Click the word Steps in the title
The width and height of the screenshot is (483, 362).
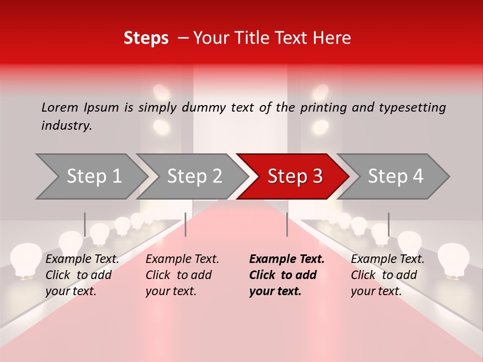point(146,38)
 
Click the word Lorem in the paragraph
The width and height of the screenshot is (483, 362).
point(60,107)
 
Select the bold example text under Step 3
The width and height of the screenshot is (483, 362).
point(287,275)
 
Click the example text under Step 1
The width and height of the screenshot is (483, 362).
point(82,275)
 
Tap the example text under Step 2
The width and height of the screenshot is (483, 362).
point(182,275)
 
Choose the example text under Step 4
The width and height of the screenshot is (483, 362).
point(387,275)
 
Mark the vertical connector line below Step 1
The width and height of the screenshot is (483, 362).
point(85,224)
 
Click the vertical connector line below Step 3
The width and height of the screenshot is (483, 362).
point(287,224)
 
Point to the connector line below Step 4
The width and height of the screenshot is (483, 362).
point(388,224)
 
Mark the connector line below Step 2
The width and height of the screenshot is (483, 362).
point(186,224)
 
